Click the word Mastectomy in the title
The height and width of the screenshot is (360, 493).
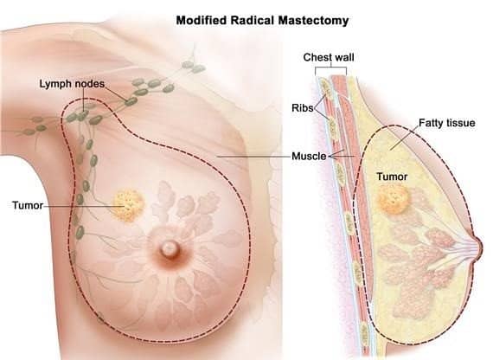coord(313,21)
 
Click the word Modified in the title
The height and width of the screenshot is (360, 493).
coord(202,20)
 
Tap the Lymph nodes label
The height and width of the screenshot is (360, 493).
coord(72,84)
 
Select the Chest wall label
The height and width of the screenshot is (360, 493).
coord(329,57)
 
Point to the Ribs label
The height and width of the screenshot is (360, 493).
coord(303,108)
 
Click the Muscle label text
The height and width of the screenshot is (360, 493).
coord(309,156)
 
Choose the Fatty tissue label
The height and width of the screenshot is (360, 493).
coord(447,123)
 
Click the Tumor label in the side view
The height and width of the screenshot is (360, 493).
coord(392,177)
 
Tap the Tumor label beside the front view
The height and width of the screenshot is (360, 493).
coord(28,205)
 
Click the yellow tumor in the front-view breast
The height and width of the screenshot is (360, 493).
coord(128,205)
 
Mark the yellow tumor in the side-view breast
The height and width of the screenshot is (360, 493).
coord(394,200)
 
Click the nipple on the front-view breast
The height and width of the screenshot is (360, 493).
coord(170,248)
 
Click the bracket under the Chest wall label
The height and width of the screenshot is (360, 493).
coord(330,67)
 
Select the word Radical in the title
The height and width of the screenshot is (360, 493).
coord(253,20)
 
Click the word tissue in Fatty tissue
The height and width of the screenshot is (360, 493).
coord(461,122)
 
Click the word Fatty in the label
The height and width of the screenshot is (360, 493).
coord(432,123)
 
